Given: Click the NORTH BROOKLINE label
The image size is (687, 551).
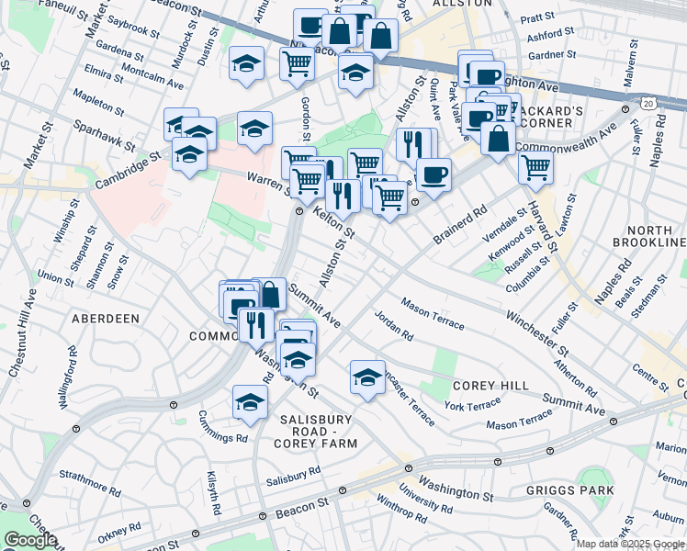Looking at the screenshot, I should tap(653, 235).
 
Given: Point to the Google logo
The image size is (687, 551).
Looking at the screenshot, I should tap(30, 540).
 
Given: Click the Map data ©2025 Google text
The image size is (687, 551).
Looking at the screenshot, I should tap(631, 544).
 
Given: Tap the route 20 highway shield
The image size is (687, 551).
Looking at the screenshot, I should tap(648, 106).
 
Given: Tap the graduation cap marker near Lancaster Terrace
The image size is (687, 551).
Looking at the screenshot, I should tap(367, 376).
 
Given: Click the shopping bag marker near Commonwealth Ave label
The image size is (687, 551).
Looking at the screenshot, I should tap(498, 138).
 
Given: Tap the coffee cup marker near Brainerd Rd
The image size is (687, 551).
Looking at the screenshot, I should tap(434, 173).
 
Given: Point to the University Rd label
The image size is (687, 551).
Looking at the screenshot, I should tap(427, 501).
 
